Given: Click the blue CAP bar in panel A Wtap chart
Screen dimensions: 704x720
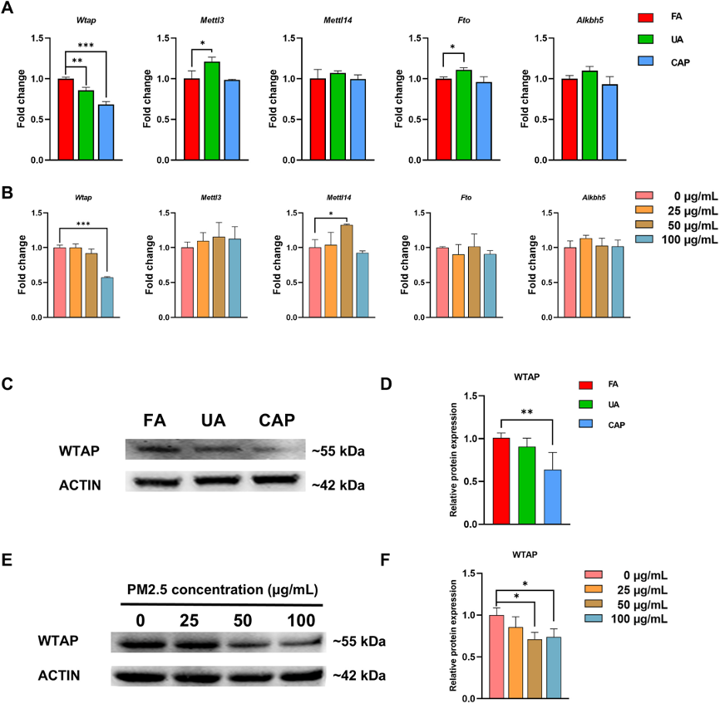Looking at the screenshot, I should [105, 131].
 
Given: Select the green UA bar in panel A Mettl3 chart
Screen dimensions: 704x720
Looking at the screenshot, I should [213, 111].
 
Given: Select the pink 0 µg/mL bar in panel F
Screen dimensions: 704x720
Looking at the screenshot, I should [497, 656].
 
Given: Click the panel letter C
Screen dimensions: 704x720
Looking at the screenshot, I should [7, 385].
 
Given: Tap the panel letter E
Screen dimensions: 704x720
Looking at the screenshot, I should [7, 561].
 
